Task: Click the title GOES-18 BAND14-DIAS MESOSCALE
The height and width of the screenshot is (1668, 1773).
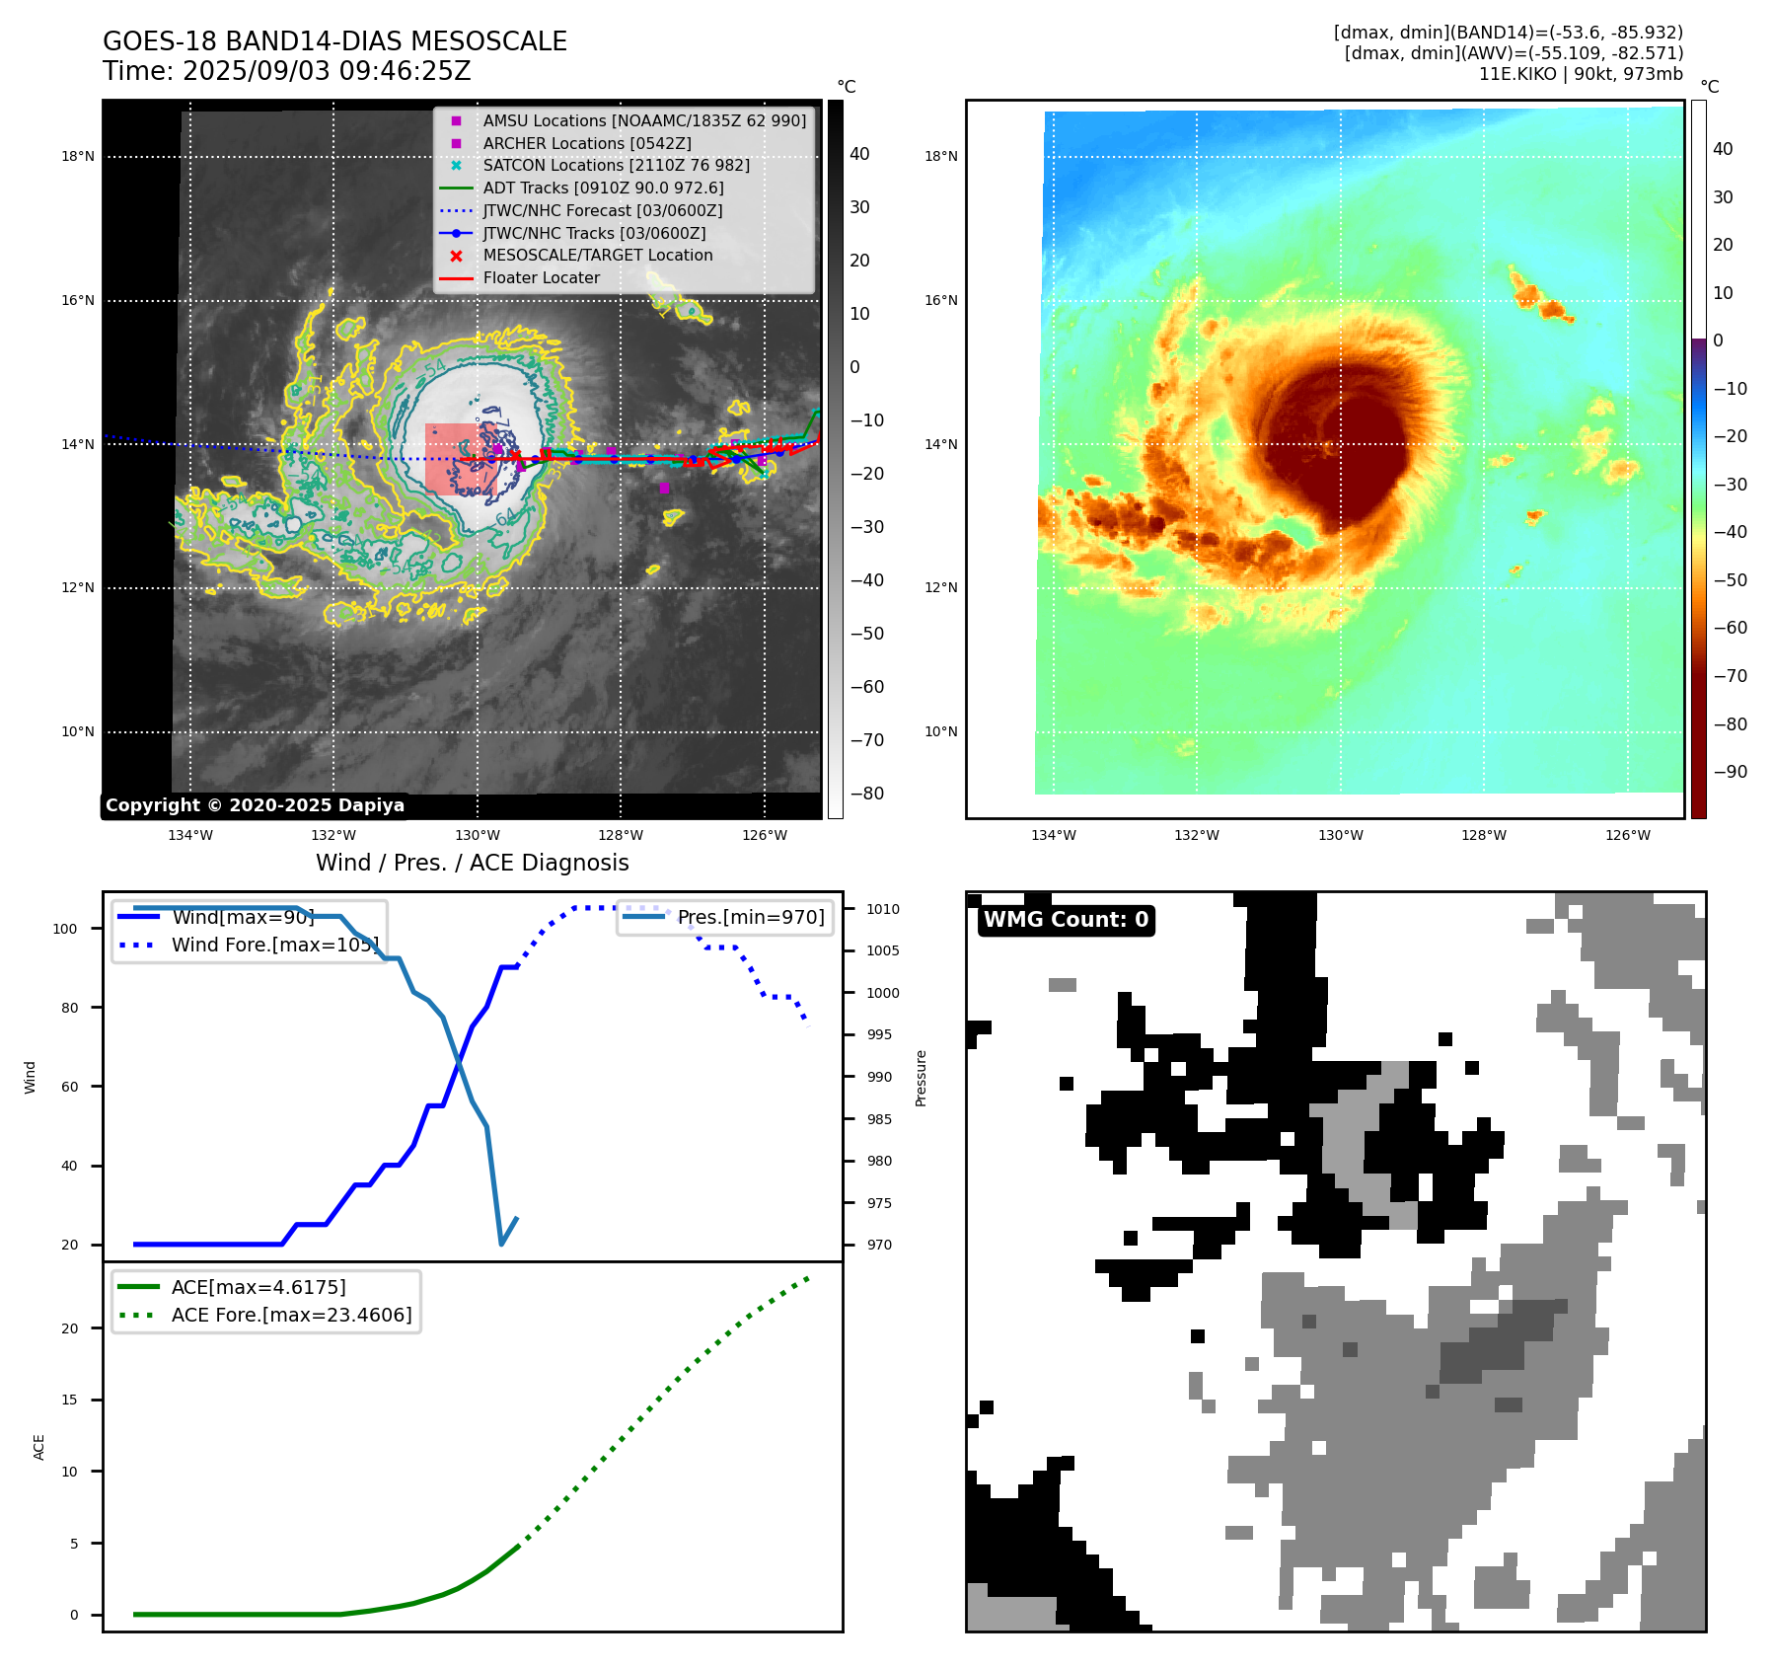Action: tap(334, 41)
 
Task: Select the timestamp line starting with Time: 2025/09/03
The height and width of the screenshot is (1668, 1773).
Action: tap(286, 72)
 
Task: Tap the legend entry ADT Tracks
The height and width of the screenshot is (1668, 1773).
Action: tap(603, 188)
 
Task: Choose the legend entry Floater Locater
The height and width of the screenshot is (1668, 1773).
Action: tap(541, 278)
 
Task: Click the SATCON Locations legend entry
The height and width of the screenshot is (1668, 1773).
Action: tap(616, 166)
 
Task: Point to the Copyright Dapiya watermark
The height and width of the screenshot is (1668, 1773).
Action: tap(255, 805)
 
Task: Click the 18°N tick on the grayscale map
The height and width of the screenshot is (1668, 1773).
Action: tap(78, 156)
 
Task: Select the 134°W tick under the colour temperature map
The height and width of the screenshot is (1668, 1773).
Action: tap(1053, 835)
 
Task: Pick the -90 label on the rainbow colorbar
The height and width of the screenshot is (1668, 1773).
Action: tap(1730, 772)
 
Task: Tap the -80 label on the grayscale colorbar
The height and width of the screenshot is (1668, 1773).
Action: tap(867, 794)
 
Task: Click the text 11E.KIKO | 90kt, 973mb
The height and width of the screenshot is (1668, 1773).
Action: tap(1581, 74)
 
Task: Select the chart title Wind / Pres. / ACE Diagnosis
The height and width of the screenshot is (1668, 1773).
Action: tap(472, 863)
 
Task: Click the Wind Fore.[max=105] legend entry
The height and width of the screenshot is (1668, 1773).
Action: tap(274, 945)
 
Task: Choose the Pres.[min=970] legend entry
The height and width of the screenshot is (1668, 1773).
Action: tap(750, 917)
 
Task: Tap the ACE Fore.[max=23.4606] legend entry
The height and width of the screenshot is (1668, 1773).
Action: tap(291, 1315)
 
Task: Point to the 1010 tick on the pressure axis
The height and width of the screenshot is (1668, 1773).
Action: tap(883, 909)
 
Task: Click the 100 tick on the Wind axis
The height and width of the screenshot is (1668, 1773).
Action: tap(65, 929)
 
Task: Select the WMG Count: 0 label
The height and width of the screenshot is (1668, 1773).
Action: tap(1066, 920)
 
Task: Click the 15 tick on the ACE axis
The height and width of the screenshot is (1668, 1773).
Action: tap(69, 1400)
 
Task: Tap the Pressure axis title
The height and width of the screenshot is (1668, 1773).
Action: tap(921, 1078)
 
